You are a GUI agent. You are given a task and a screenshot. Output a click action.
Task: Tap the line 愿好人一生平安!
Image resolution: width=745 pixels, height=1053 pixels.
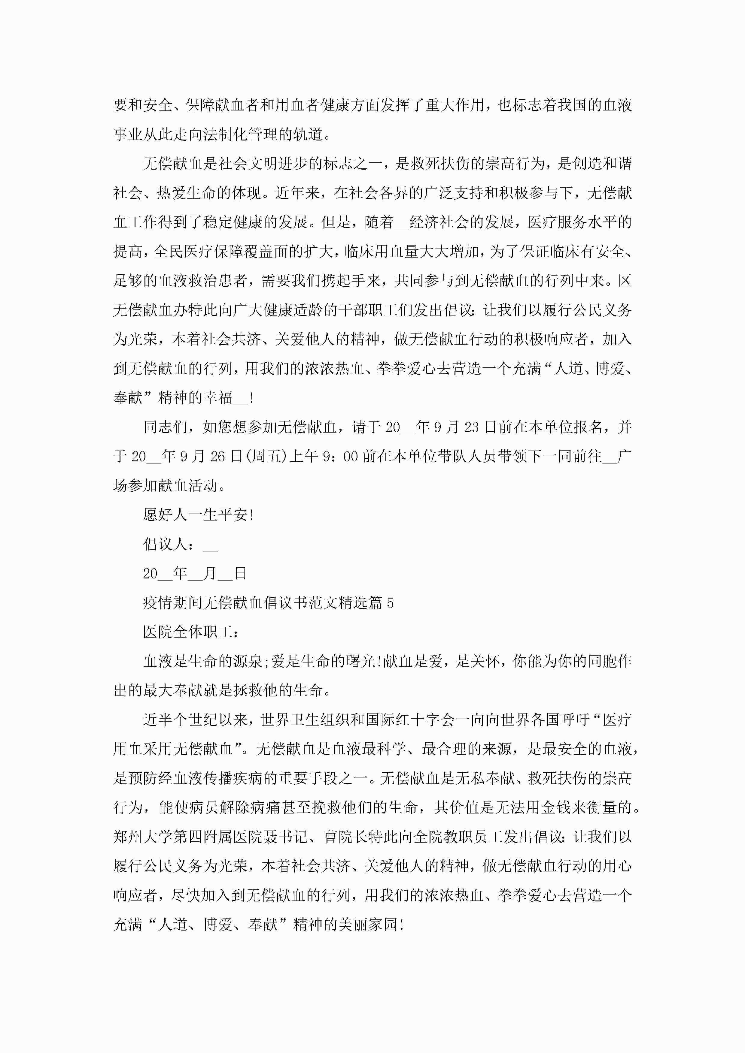tap(198, 515)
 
